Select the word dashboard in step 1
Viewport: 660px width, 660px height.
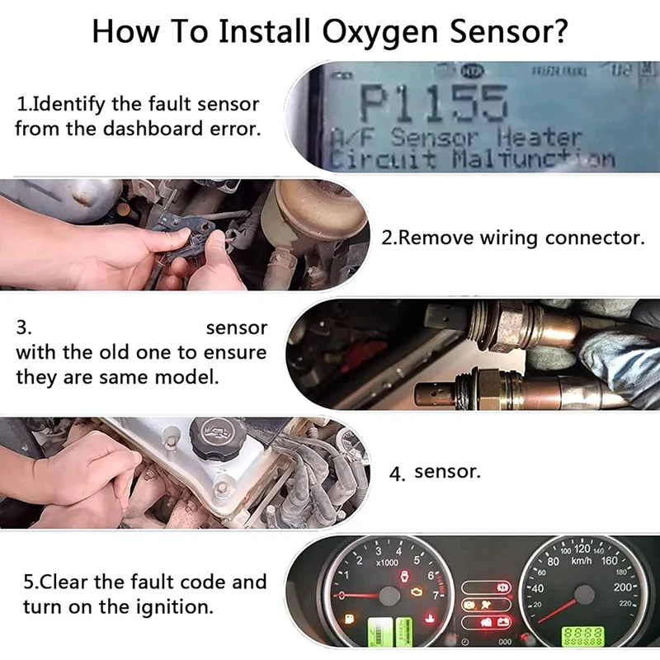[x=162, y=129]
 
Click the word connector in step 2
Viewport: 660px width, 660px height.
[x=594, y=238]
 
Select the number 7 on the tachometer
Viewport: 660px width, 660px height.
[x=436, y=593]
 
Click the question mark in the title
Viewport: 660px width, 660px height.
[x=557, y=32]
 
